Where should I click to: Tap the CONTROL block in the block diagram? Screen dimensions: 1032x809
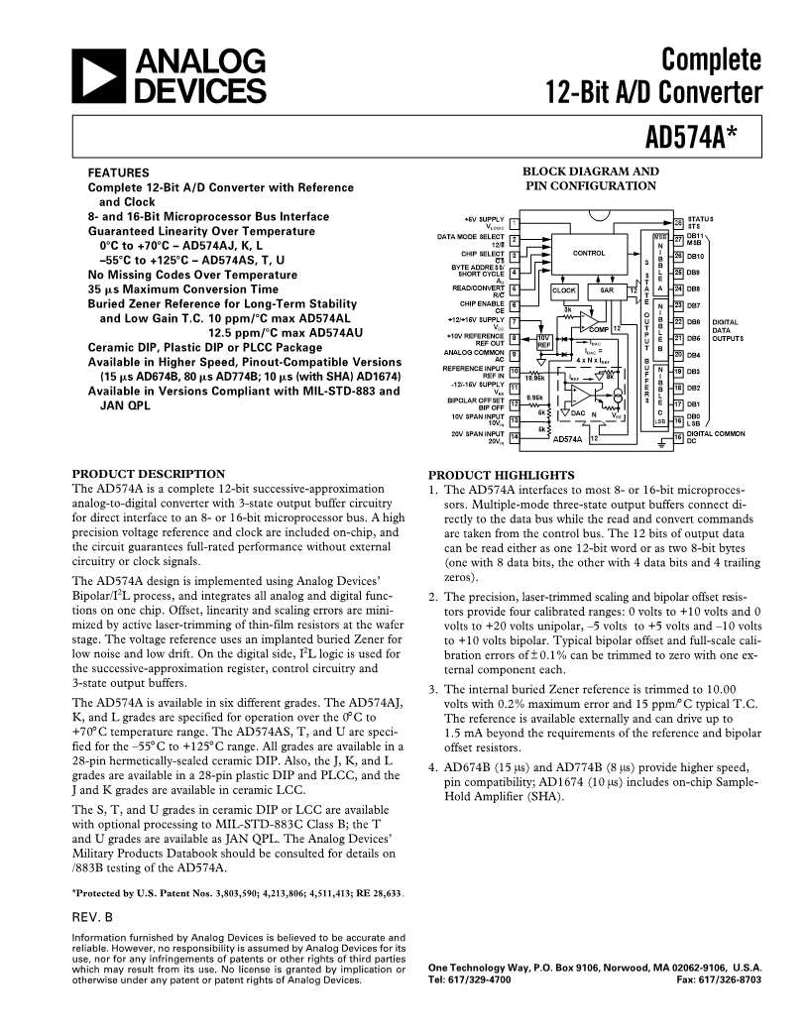588,253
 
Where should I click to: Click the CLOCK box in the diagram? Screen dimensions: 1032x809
564,291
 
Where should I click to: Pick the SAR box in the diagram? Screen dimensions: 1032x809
607,291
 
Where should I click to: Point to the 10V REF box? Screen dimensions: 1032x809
545,340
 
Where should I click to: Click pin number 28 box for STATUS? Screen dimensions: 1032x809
679,220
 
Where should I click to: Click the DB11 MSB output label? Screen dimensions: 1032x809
694,239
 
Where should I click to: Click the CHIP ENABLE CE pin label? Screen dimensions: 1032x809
486,307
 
